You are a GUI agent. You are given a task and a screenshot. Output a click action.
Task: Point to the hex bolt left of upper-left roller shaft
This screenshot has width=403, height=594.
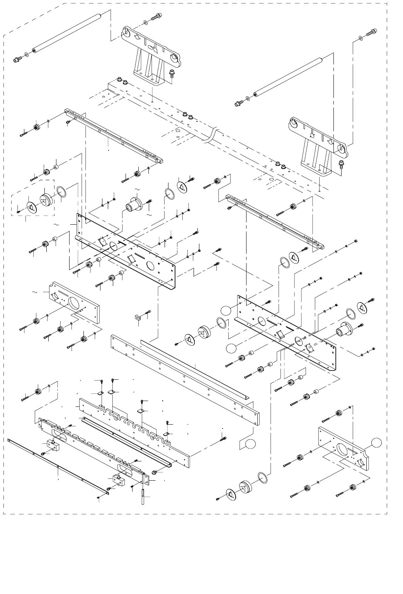17,60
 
